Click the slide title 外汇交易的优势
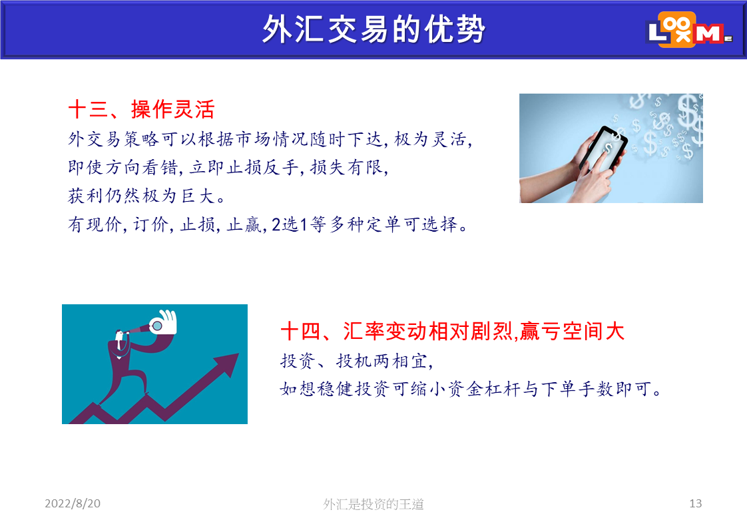point(373,29)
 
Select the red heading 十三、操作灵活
point(142,109)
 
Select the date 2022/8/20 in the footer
point(73,503)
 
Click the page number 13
point(696,503)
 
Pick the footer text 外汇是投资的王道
point(373,503)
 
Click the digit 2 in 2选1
point(276,224)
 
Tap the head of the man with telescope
point(119,335)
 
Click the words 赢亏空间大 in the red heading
point(572,331)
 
